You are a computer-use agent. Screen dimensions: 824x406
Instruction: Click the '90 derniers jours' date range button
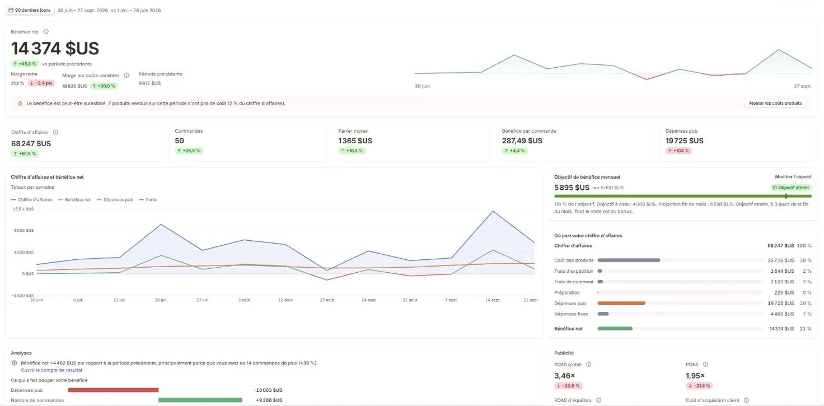30,10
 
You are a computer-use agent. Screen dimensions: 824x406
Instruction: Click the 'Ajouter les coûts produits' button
775,104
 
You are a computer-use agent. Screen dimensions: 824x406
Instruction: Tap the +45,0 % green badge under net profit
25,64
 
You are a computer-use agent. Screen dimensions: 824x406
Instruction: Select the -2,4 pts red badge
41,83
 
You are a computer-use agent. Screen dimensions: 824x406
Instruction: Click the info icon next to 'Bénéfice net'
46,32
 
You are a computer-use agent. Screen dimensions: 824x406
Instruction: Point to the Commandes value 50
180,141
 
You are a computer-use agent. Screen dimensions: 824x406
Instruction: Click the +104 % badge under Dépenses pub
678,151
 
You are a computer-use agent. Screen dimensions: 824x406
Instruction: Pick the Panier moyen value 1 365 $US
355,141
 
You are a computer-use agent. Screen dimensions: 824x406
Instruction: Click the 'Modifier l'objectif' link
793,177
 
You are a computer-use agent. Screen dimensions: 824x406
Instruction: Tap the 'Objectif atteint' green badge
791,188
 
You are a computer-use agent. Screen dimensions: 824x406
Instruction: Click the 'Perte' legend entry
148,200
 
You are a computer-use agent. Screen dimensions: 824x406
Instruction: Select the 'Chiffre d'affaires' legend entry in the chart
32,200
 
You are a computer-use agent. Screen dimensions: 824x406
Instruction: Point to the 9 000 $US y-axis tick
24,231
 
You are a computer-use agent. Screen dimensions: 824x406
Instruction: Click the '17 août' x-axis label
327,300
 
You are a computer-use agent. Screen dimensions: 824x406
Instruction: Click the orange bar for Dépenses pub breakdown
621,304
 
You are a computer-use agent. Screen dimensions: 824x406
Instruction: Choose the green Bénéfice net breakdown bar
615,329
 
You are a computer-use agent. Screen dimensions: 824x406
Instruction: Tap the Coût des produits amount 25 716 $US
780,260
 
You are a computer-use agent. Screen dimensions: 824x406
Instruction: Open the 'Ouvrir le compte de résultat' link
52,370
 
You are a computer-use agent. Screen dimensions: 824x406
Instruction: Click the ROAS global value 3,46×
565,376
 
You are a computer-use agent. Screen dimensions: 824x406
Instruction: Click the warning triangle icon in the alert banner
20,104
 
